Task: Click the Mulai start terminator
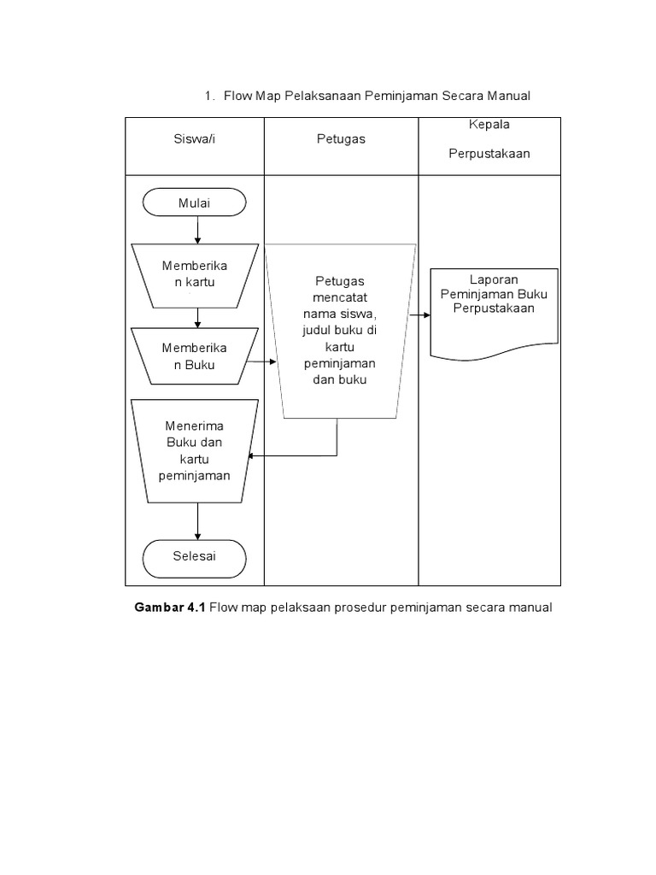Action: [x=195, y=203]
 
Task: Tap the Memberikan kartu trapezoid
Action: [x=196, y=275]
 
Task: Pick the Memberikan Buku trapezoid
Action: [x=196, y=357]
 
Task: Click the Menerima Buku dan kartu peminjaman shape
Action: [x=197, y=450]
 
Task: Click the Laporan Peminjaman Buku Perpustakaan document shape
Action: [x=495, y=309]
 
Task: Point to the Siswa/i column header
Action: [x=196, y=139]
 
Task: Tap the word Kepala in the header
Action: [x=489, y=125]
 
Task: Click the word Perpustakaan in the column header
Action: [x=489, y=155]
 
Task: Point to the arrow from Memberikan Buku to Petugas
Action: [x=261, y=362]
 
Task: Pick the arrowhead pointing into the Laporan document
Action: [x=425, y=315]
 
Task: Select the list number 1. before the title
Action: [x=209, y=96]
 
